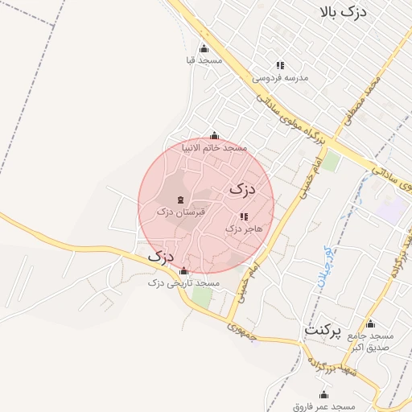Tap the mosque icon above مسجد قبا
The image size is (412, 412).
pos(203,47)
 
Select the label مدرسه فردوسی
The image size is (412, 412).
pos(280,78)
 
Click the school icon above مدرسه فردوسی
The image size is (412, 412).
pos(280,65)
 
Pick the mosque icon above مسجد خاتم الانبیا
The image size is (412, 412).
pos(213,136)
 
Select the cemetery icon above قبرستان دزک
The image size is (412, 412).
pos(179,198)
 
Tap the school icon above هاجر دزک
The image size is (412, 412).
pos(244,216)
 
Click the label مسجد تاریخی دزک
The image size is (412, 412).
pos(184,283)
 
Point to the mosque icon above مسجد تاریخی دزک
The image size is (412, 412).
pos(184,270)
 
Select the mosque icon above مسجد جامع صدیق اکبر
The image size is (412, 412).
pos(370,323)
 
